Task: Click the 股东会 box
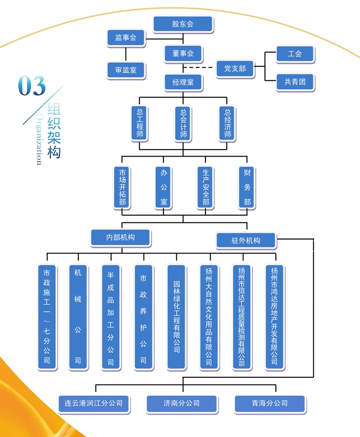pos(183,24)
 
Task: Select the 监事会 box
pos(126,38)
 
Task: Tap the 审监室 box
pos(126,70)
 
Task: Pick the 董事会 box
pos(183,53)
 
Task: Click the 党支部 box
pos(235,69)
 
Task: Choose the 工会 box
pos(295,54)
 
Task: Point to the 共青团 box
pos(295,82)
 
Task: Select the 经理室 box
pos(183,82)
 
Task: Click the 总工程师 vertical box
pos(140,123)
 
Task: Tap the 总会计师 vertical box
pos(183,123)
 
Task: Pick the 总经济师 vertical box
pos(227,123)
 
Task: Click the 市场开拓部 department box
pos(123,187)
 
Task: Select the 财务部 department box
pos(247,187)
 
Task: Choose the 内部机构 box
pos(120,237)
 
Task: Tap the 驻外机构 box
pos(246,240)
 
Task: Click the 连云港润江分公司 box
pos(94,404)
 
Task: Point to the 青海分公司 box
pos(269,404)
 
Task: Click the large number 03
pos(32,87)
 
